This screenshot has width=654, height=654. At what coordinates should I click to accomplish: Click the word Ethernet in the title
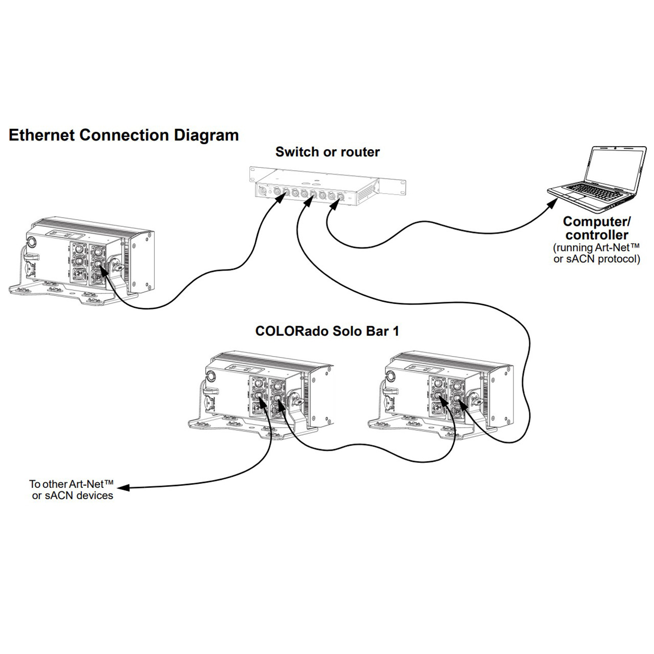[42, 135]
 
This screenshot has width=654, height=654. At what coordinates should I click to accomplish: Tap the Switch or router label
[328, 152]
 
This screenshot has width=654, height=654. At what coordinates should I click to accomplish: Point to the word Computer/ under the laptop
[597, 222]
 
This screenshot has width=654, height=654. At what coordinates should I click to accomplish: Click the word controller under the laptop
[597, 235]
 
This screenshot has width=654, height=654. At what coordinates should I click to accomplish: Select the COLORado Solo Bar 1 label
[327, 331]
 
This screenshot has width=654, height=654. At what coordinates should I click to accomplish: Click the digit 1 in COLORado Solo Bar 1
[395, 331]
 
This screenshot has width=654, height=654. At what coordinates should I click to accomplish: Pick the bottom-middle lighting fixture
[261, 396]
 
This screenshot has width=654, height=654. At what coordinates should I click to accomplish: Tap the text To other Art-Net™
[71, 484]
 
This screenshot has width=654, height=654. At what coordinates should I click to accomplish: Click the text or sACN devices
[73, 496]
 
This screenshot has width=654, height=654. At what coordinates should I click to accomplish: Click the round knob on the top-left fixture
[32, 241]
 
